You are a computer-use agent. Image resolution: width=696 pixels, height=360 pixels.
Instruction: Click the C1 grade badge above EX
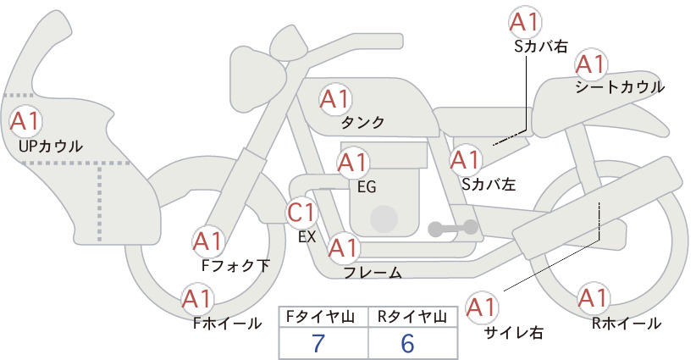301,212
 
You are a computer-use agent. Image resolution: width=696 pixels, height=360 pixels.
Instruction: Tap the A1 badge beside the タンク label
335,99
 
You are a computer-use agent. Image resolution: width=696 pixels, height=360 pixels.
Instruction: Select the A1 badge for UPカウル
25,121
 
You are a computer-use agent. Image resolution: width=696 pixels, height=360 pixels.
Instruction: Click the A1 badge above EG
352,163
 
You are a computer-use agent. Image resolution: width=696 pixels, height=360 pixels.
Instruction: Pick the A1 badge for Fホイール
197,299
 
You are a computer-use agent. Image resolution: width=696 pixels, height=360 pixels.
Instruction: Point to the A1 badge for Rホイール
593,298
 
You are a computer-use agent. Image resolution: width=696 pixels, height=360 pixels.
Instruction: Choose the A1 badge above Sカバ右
525,23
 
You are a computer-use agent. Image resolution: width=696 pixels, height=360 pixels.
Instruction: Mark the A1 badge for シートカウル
591,65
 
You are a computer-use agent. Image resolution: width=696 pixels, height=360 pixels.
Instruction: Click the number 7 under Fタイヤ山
318,343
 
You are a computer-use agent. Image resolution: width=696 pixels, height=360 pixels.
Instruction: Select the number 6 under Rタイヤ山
407,343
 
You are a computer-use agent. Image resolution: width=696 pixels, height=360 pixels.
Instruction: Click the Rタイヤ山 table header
412,317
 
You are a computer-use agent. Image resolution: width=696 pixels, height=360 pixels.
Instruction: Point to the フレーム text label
373,273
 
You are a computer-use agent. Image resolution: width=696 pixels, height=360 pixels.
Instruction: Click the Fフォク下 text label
235,265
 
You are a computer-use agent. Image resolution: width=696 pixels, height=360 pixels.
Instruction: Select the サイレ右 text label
514,333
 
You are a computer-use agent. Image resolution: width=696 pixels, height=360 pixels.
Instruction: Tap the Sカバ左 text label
489,184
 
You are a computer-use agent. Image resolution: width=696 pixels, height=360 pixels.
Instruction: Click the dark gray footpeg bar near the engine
453,229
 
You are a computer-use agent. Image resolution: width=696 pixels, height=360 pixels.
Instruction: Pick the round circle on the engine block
384,219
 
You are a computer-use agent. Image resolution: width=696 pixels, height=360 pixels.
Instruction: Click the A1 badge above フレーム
344,248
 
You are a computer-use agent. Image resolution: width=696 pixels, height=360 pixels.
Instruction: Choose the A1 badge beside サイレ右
482,307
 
